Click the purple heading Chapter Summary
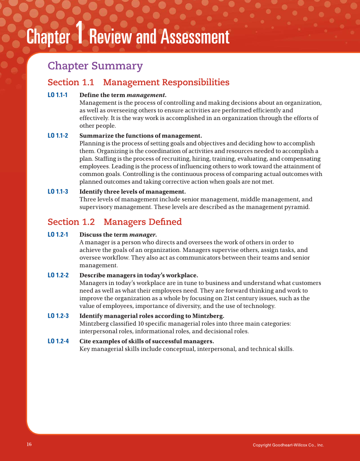pyautogui.click(x=95, y=66)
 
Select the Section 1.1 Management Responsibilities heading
pyautogui.click(x=138, y=82)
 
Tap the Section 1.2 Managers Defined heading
pyautogui.click(x=114, y=222)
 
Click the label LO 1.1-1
pyautogui.click(x=58, y=95)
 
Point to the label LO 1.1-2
pyautogui.click(x=58, y=136)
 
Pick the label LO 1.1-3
pyautogui.click(x=58, y=192)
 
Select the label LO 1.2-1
pyautogui.click(x=58, y=235)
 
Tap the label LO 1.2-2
pyautogui.click(x=58, y=275)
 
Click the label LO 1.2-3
pyautogui.click(x=58, y=316)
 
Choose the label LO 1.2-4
pyautogui.click(x=58, y=341)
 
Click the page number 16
pyautogui.click(x=29, y=444)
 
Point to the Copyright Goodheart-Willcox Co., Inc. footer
pyautogui.click(x=288, y=445)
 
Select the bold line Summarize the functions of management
pyautogui.click(x=140, y=136)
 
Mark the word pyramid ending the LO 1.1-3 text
pyautogui.click(x=298, y=207)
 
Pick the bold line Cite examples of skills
pyautogui.click(x=146, y=341)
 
